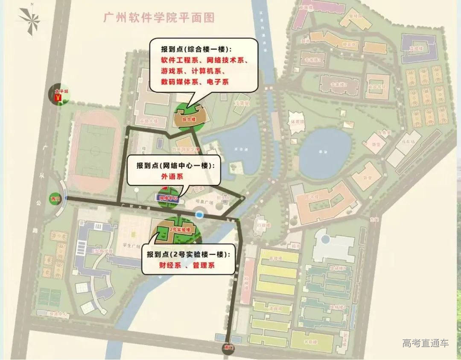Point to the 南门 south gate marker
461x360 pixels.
tap(230, 348)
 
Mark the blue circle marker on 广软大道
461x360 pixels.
tap(199, 214)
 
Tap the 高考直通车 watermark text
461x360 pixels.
tap(425, 343)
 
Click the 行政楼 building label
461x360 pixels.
tap(261, 223)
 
